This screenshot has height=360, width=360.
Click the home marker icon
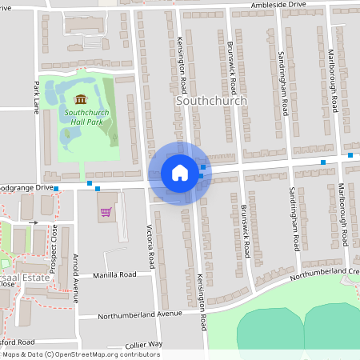[x=180, y=172]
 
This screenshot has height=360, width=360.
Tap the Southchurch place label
[x=210, y=101]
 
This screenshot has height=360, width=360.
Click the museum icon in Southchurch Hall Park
[x=80, y=99]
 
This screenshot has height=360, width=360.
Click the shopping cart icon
[x=106, y=213]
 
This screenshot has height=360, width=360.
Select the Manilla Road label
[x=114, y=274]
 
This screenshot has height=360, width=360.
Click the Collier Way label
[x=145, y=344]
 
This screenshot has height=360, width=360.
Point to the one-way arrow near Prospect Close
[x=34, y=222]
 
